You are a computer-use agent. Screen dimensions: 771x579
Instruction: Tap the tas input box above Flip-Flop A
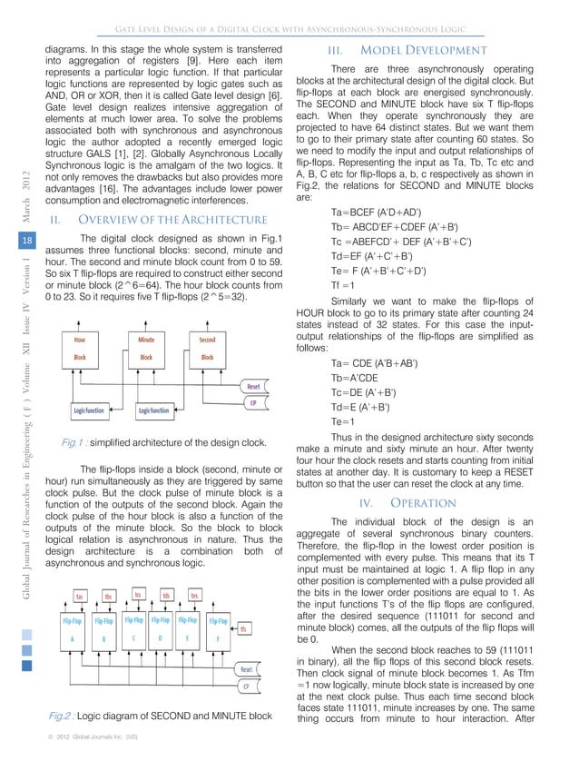[81, 597]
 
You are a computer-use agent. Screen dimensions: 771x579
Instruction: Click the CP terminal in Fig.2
[245, 687]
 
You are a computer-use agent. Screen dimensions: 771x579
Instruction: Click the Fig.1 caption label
[73, 442]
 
